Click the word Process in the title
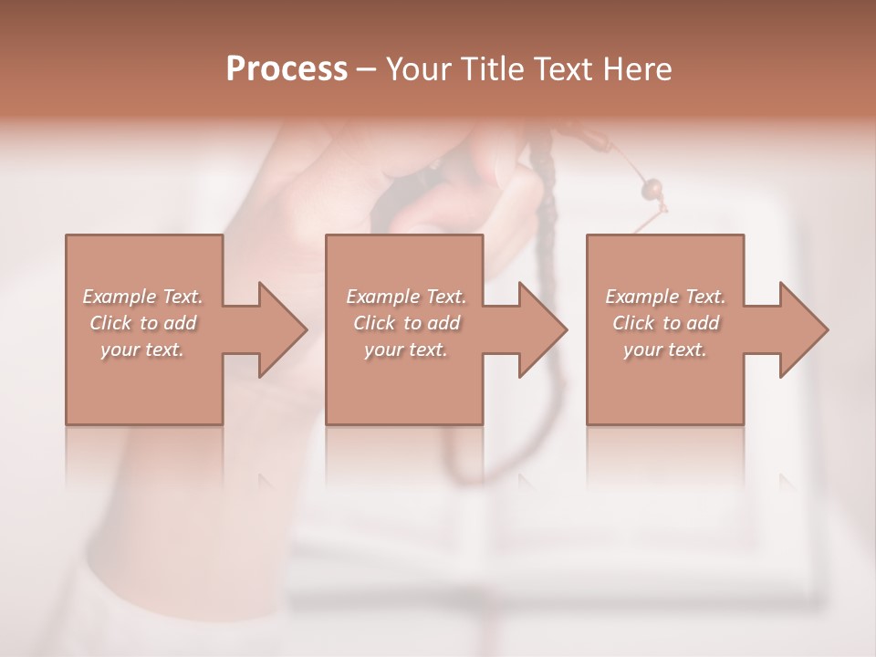287,68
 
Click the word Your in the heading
419,68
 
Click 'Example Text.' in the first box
143,297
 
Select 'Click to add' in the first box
143,323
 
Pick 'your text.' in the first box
143,349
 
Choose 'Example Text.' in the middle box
405,297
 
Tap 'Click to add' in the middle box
405,323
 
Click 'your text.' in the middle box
405,349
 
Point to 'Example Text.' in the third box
665,297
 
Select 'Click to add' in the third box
665,323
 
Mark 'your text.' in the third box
665,349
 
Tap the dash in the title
367,69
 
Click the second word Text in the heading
564,68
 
